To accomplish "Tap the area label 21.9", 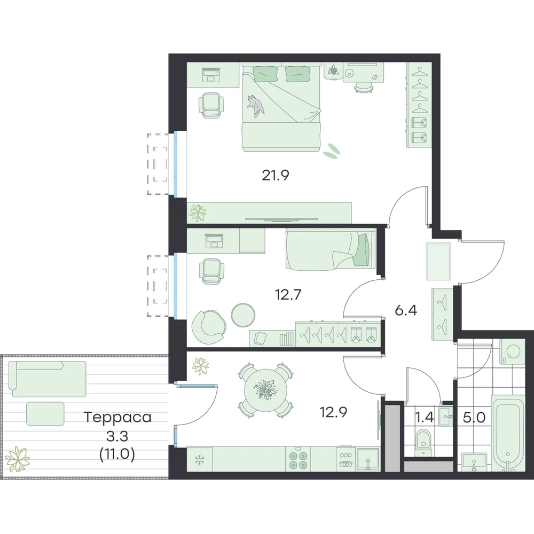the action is (276, 175).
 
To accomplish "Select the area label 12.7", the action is (288, 295).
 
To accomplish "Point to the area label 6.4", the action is (406, 311).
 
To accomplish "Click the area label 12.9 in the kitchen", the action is (333, 412).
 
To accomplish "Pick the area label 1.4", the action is (425, 417).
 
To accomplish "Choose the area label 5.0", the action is (474, 417).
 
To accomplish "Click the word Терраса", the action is (117, 417).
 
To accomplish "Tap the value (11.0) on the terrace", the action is (117, 454).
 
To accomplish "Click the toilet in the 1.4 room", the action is (423, 442).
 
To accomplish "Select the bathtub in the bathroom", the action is (507, 433).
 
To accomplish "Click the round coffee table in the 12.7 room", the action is (243, 315).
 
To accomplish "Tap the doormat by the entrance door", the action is (438, 261).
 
